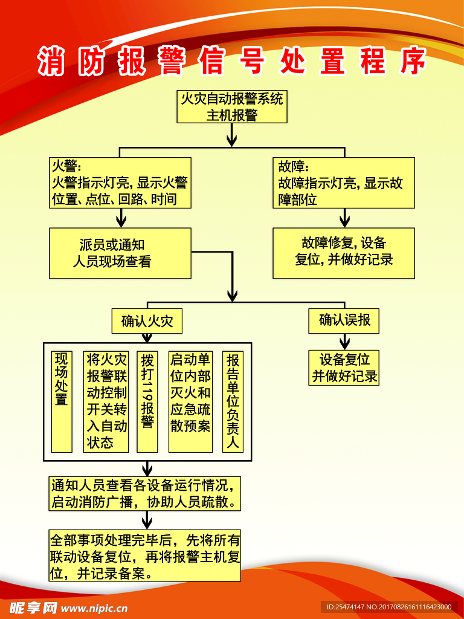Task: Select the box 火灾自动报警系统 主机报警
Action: [x=232, y=106]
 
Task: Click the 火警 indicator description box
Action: [x=120, y=183]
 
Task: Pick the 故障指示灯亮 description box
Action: [x=344, y=183]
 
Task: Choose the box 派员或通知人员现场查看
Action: [x=120, y=253]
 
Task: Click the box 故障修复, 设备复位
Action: [x=344, y=253]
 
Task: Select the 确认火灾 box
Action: [x=147, y=320]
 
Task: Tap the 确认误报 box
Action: [x=344, y=320]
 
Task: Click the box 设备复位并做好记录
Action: [x=344, y=368]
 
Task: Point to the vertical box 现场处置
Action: [x=62, y=401]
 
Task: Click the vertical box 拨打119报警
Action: [x=147, y=401]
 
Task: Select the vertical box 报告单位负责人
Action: [x=233, y=401]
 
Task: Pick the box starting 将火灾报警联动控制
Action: [x=106, y=401]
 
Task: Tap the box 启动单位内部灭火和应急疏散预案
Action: [x=190, y=401]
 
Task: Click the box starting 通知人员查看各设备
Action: [x=145, y=493]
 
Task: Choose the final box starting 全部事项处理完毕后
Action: [x=145, y=556]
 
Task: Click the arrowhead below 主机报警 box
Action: [x=231, y=140]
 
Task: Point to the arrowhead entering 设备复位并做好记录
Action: [x=344, y=344]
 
